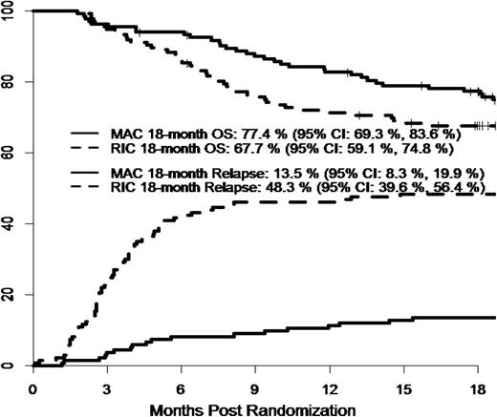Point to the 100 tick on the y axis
[13, 10]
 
